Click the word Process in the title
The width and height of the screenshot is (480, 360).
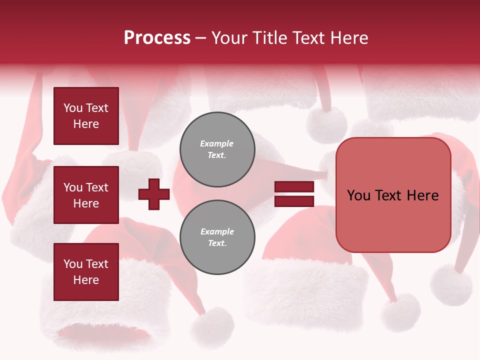click(x=157, y=38)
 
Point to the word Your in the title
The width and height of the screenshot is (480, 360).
click(x=230, y=38)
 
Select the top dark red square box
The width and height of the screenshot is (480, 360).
click(x=86, y=116)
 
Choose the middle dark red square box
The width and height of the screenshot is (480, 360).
click(x=86, y=195)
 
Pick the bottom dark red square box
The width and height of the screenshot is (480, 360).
click(x=86, y=272)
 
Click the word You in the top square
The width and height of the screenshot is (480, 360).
click(x=72, y=108)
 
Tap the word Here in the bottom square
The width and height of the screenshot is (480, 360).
click(x=86, y=280)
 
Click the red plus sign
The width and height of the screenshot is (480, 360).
click(x=154, y=194)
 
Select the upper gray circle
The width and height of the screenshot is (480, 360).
click(x=217, y=149)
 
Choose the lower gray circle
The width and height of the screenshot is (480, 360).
click(x=217, y=237)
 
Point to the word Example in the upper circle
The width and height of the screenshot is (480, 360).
click(x=217, y=143)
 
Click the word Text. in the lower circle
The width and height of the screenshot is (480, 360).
click(x=217, y=243)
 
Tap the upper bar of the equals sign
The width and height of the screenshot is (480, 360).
click(x=294, y=186)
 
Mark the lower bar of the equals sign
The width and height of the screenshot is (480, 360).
click(x=294, y=201)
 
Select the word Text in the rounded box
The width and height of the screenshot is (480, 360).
click(x=392, y=195)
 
